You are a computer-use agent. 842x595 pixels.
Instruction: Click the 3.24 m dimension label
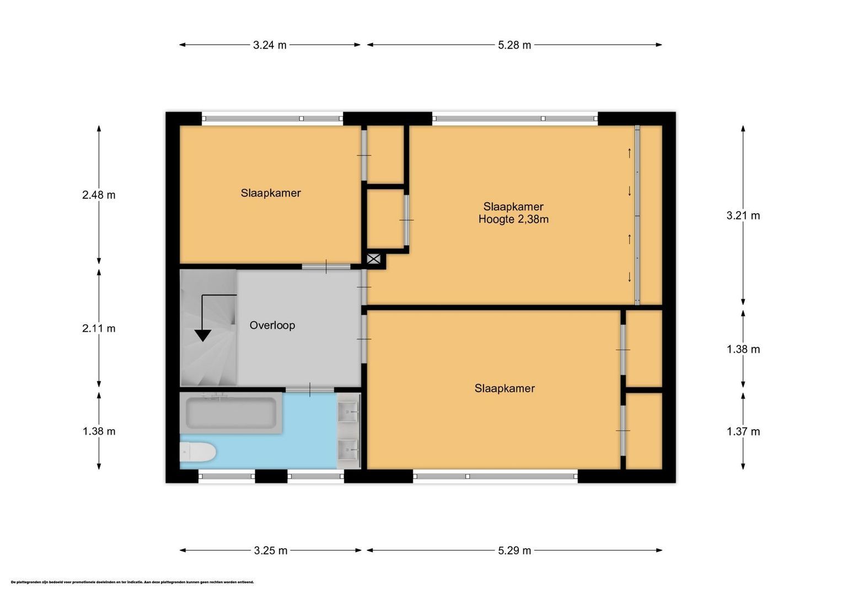(270, 45)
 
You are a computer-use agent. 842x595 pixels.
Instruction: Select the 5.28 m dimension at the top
(514, 45)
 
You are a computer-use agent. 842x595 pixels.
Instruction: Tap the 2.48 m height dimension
(99, 194)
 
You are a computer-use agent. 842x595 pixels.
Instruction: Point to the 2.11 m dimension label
(99, 328)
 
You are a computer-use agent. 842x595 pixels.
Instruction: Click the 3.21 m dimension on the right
(743, 215)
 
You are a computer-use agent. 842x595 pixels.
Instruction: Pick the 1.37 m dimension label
(743, 431)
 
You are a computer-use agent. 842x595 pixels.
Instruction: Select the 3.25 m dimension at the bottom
(271, 550)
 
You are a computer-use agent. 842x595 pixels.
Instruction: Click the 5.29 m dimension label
(514, 550)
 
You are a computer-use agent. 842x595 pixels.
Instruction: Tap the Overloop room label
(272, 325)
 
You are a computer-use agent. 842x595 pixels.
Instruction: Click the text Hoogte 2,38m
(513, 219)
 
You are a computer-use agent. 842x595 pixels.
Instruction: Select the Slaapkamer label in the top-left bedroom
(270, 193)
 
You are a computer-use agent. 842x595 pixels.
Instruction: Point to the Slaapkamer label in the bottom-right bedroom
(505, 388)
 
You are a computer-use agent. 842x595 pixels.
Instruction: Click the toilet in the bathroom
(197, 453)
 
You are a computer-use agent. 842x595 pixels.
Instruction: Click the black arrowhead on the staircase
(203, 335)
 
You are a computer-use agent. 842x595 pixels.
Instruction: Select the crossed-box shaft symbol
(373, 259)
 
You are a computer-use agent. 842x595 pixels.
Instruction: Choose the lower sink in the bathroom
(348, 450)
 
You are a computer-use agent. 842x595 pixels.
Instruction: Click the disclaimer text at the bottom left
(132, 582)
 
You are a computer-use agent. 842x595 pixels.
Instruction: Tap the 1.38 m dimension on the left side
(99, 431)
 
